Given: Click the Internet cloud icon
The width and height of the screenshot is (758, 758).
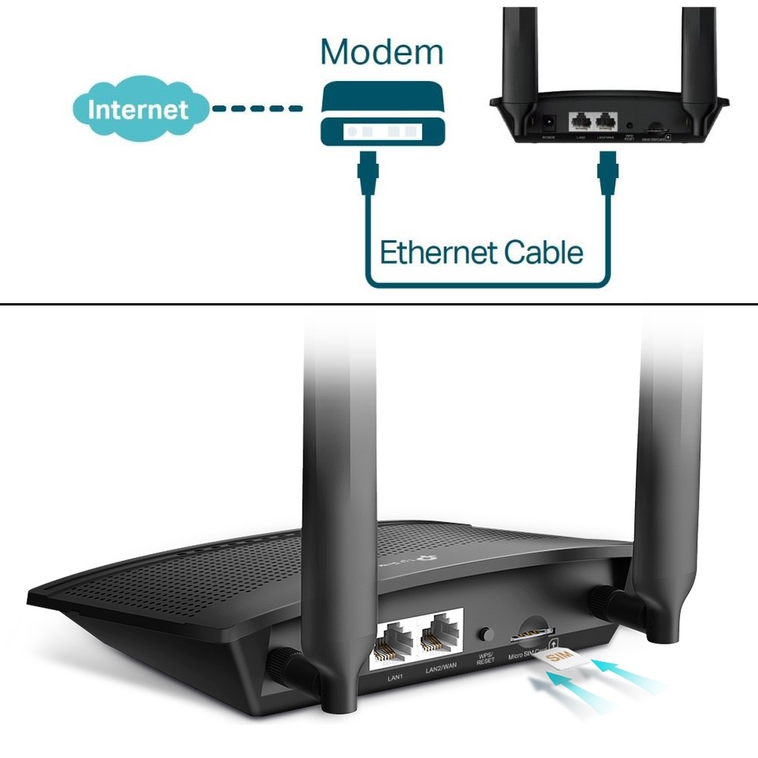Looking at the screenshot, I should [139, 108].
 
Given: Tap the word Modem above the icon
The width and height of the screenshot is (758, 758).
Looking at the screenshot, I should [381, 52].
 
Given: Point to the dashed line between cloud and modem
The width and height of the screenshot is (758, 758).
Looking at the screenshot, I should [257, 109].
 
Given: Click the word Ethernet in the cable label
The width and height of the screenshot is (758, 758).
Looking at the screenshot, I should [437, 252].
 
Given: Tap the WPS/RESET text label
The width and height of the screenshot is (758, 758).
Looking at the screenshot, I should [485, 657].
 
